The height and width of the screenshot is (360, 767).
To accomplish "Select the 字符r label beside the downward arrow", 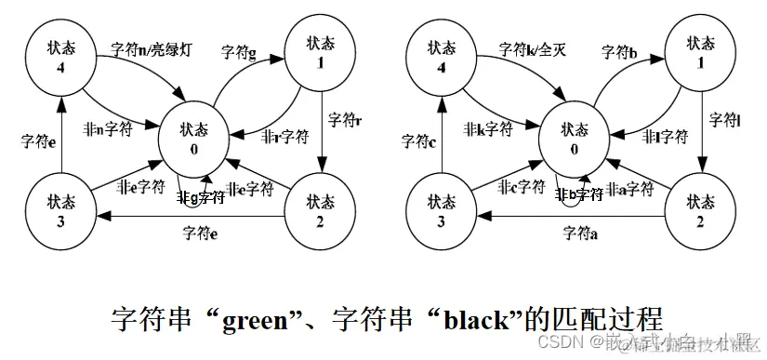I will [x=345, y=120].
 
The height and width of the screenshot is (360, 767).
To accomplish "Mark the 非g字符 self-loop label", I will [x=201, y=196].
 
